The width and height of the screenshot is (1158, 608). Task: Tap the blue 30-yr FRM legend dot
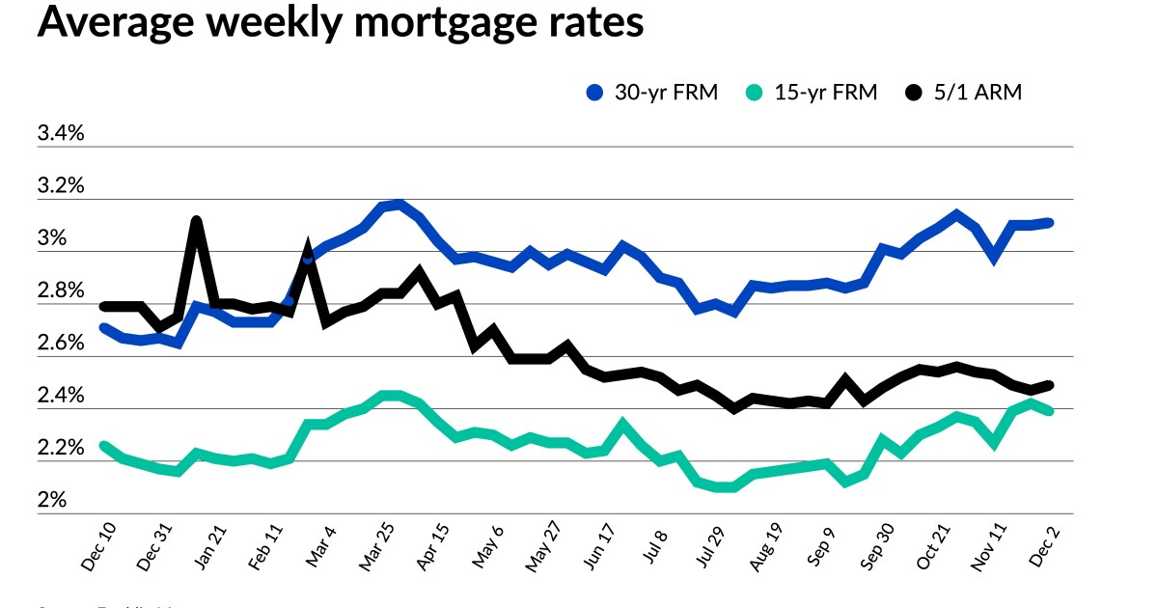click(595, 93)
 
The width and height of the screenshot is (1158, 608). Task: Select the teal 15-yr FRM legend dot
click(756, 93)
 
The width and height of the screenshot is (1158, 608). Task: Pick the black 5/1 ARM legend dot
click(914, 93)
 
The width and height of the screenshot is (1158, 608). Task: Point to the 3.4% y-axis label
click(61, 133)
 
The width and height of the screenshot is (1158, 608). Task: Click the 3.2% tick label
click(61, 185)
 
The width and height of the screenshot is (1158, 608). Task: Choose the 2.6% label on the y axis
click(61, 344)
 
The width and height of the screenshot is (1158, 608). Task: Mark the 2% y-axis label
click(52, 501)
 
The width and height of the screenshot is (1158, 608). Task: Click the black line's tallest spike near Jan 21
click(197, 221)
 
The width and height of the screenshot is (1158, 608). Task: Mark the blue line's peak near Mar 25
click(400, 204)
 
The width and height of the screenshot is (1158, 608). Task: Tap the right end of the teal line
click(1049, 411)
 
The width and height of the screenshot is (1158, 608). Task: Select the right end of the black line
click(1049, 385)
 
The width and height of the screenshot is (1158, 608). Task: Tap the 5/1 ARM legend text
click(979, 93)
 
